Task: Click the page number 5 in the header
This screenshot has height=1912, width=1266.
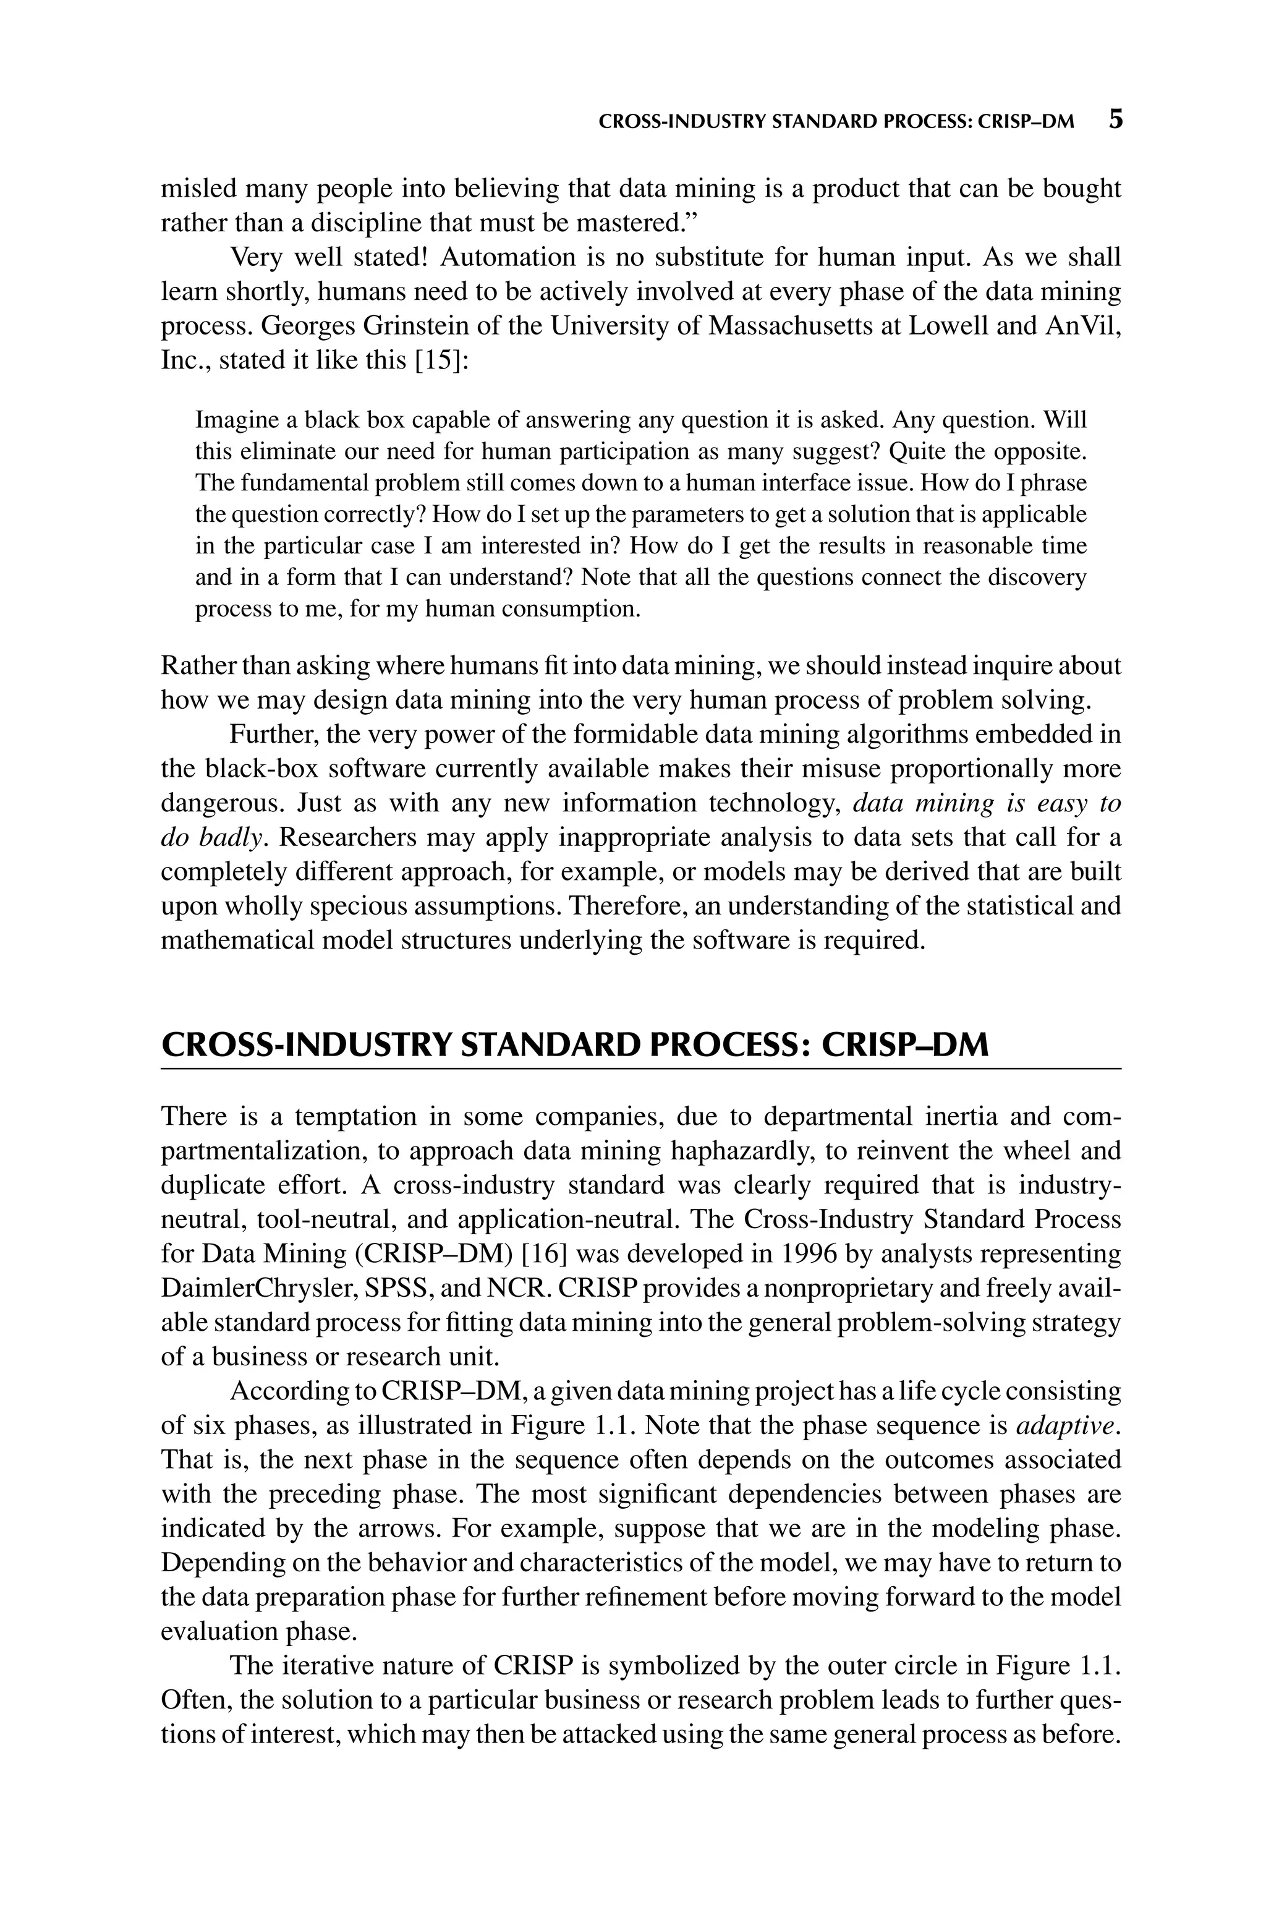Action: pyautogui.click(x=1115, y=121)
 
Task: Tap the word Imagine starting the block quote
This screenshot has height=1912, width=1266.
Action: pyautogui.click(x=236, y=420)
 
